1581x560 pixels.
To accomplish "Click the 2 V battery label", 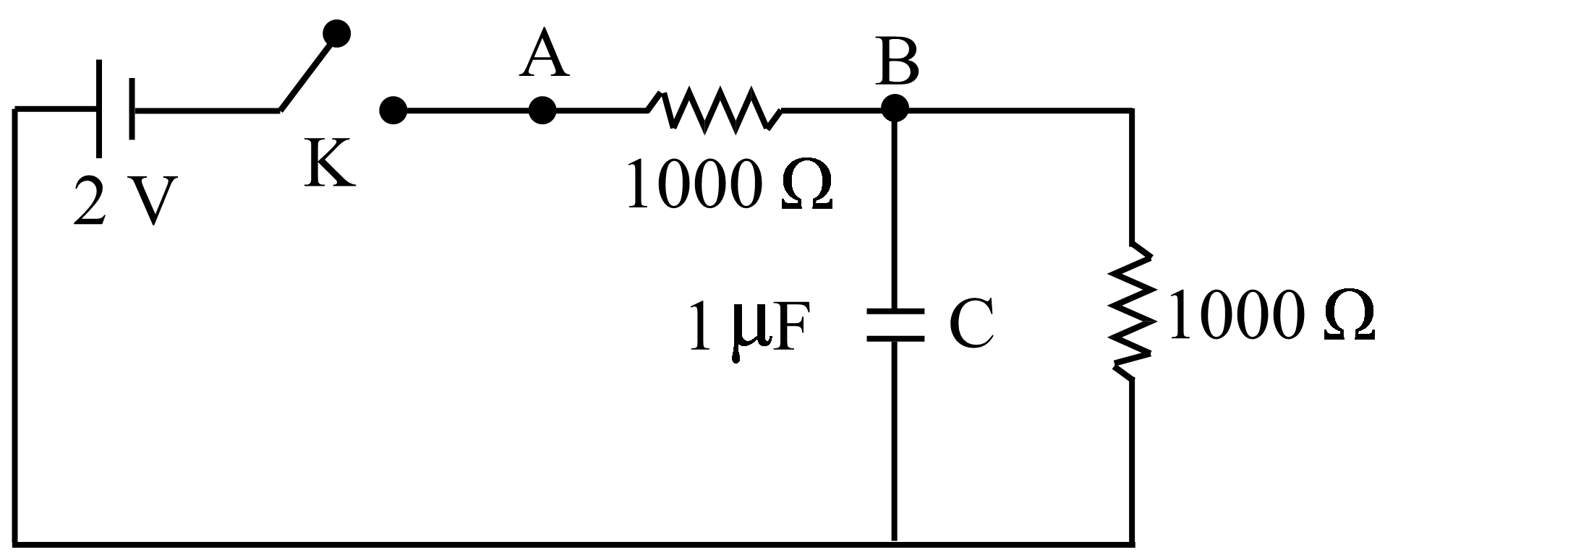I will coord(124,201).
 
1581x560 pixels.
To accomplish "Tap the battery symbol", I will coord(115,109).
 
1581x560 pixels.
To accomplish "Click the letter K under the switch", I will coord(329,164).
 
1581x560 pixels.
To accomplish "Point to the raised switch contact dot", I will coord(337,33).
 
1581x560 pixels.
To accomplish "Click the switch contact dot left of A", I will coord(393,111).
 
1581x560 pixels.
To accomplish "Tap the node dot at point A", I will coord(542,111).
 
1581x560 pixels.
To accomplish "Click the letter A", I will coord(545,56).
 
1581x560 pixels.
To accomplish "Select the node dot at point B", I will coord(895,109).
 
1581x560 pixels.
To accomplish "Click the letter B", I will coord(897,63).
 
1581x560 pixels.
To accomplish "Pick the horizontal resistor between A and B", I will coord(715,111).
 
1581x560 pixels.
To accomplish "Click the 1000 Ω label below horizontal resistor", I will coord(729,185).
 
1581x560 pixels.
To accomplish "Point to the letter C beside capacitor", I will coord(971,324).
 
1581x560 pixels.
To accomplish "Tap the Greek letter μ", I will coord(748,332).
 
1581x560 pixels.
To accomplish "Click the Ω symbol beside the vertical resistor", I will coord(1349,316).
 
